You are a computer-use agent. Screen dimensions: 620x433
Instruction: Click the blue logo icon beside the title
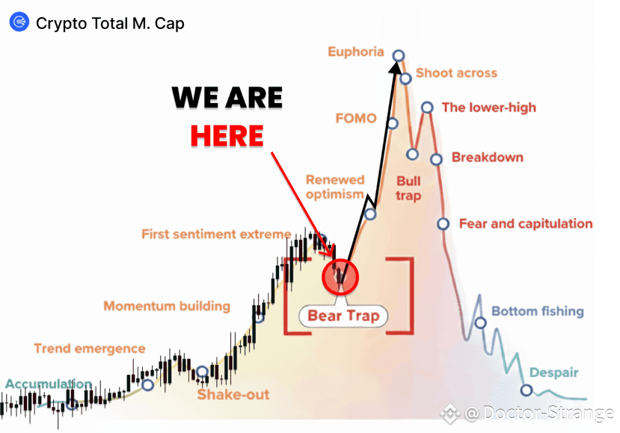(x=19, y=22)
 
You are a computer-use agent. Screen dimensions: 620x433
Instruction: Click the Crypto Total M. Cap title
(x=110, y=23)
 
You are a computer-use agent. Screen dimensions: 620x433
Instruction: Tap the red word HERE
(x=227, y=136)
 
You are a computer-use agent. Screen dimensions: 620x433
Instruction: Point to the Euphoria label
(x=356, y=52)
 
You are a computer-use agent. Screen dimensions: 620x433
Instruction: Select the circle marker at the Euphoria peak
(x=399, y=56)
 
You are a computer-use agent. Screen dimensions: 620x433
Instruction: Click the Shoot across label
(x=456, y=73)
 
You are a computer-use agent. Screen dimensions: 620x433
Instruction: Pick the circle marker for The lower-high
(x=427, y=108)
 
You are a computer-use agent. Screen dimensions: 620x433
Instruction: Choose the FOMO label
(x=356, y=118)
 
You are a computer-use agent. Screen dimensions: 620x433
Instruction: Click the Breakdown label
(x=487, y=158)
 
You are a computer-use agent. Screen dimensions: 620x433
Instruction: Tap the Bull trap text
(x=408, y=188)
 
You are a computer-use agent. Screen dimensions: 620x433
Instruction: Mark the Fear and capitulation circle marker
(x=443, y=224)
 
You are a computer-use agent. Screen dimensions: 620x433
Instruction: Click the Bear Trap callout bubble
(x=343, y=316)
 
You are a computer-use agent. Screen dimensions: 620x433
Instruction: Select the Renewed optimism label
(x=335, y=187)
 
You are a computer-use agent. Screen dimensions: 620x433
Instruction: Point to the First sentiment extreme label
(x=216, y=234)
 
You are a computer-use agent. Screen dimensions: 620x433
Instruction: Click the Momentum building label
(x=167, y=306)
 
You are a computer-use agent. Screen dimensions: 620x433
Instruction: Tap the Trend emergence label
(x=90, y=349)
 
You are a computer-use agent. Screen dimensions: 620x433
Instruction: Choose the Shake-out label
(x=233, y=394)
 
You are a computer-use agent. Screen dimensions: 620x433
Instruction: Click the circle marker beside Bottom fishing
(x=480, y=323)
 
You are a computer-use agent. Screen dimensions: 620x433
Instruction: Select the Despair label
(x=554, y=373)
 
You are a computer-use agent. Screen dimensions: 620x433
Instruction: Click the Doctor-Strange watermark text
(x=539, y=414)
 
